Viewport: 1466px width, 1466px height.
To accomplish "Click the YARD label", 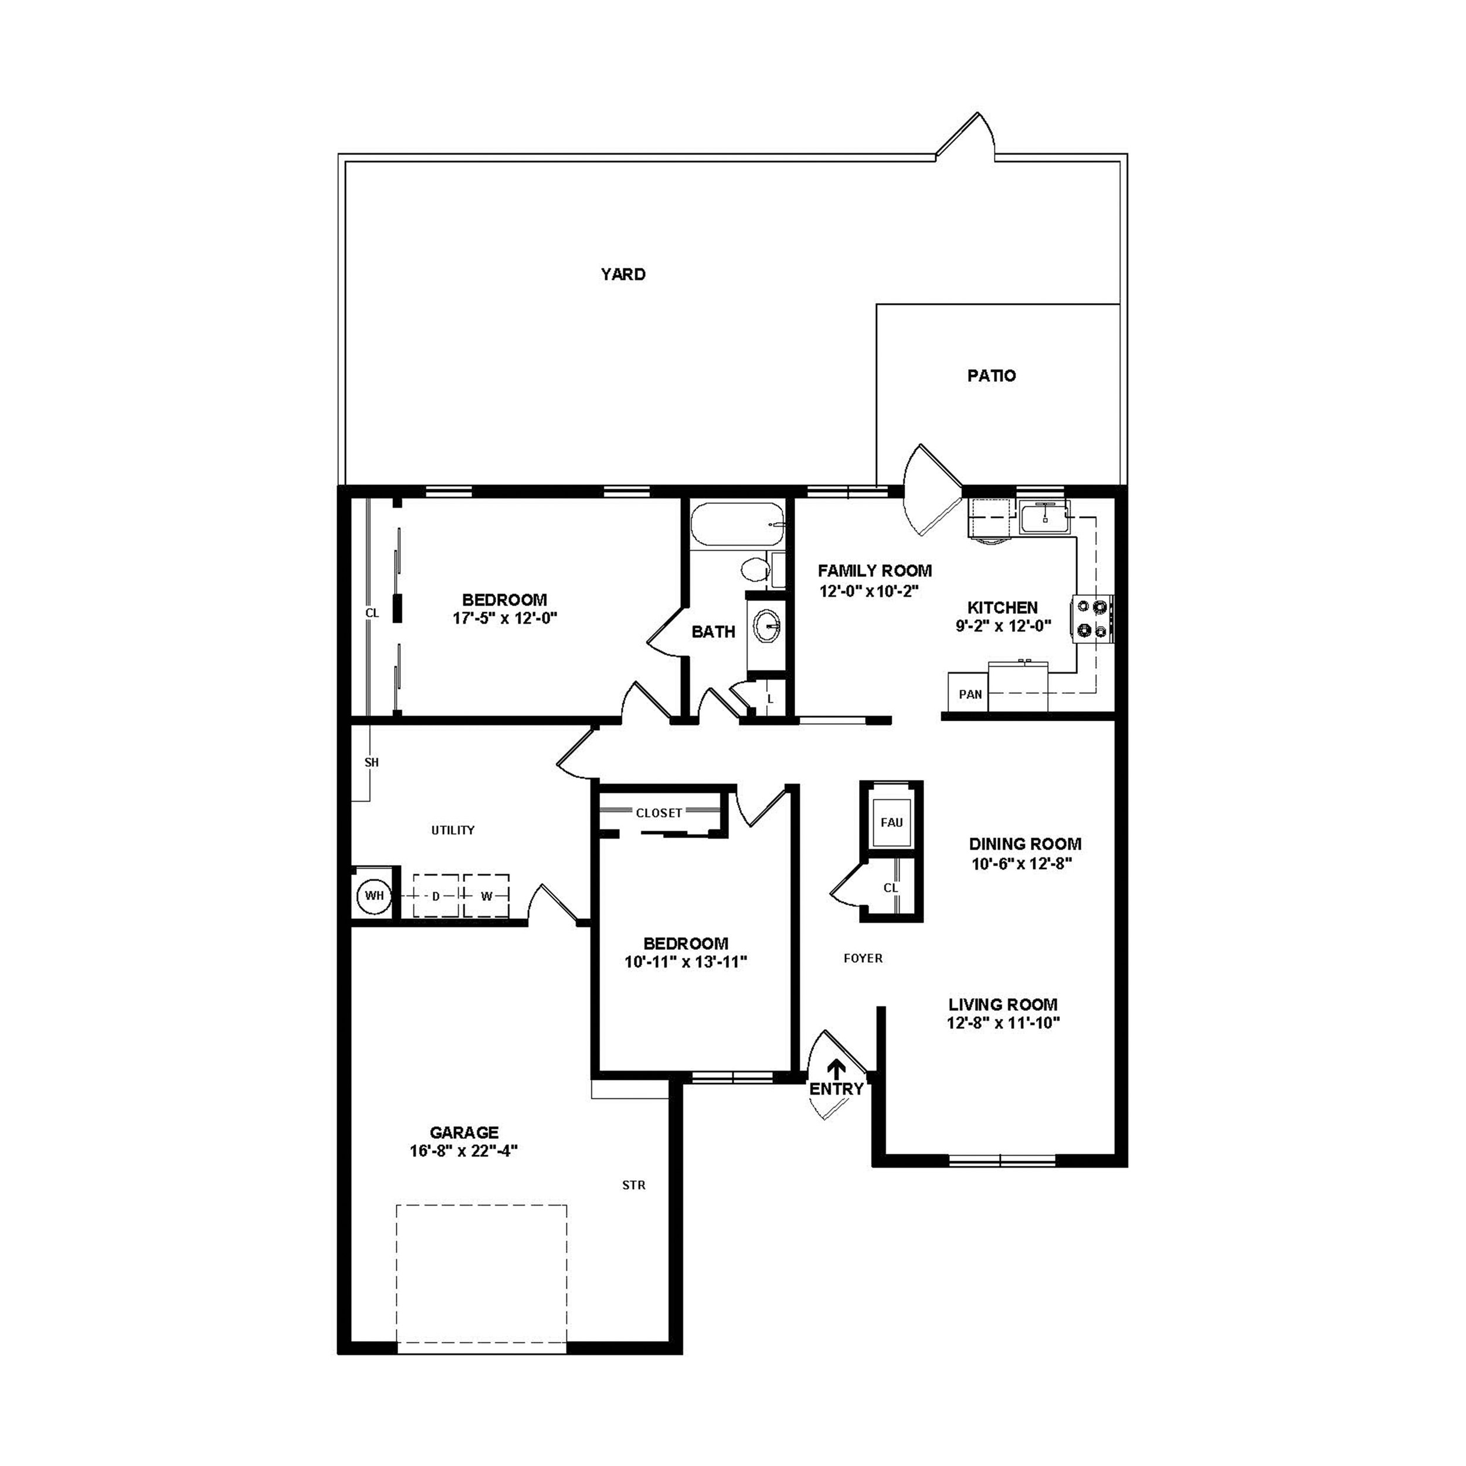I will tap(623, 274).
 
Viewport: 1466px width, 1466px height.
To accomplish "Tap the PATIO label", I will tap(991, 376).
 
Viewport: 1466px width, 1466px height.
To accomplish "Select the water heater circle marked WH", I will tap(374, 895).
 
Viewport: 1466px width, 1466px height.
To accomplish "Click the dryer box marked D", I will tap(436, 896).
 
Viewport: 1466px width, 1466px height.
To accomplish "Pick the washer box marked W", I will tap(486, 896).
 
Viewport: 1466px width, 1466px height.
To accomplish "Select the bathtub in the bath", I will tap(736, 524).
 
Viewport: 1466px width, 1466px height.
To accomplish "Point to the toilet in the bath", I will tap(755, 569).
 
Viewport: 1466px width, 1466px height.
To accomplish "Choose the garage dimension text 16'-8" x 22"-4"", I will tap(464, 1151).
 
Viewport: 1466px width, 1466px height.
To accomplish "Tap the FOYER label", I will tap(863, 958).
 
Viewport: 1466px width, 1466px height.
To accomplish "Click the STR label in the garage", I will tap(633, 1185).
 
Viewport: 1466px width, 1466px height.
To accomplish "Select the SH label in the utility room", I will tap(371, 762).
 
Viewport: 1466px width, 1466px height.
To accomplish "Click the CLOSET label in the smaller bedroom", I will tap(659, 813).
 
